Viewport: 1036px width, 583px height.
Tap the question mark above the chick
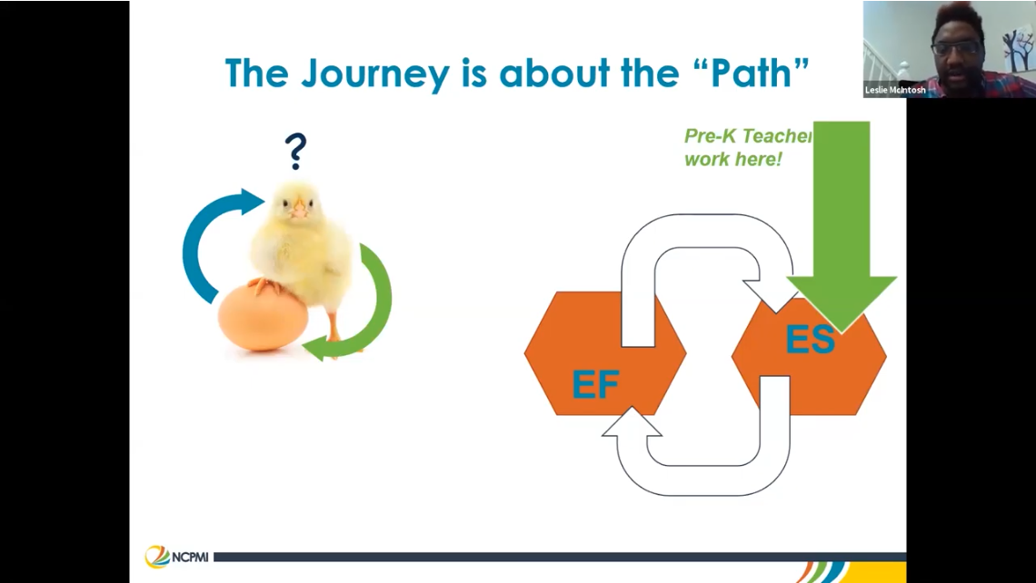295,151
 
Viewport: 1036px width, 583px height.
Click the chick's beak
297,212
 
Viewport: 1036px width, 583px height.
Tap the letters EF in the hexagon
595,386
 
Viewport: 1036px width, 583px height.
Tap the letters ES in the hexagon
810,340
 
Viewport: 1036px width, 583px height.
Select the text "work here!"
732,159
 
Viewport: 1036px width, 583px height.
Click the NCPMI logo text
190,556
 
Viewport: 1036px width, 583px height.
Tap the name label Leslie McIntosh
896,90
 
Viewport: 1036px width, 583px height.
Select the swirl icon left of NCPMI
156,556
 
